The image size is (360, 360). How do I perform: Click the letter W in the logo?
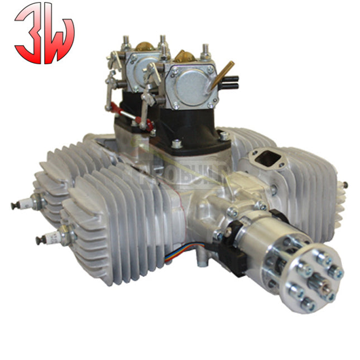click(58, 39)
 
